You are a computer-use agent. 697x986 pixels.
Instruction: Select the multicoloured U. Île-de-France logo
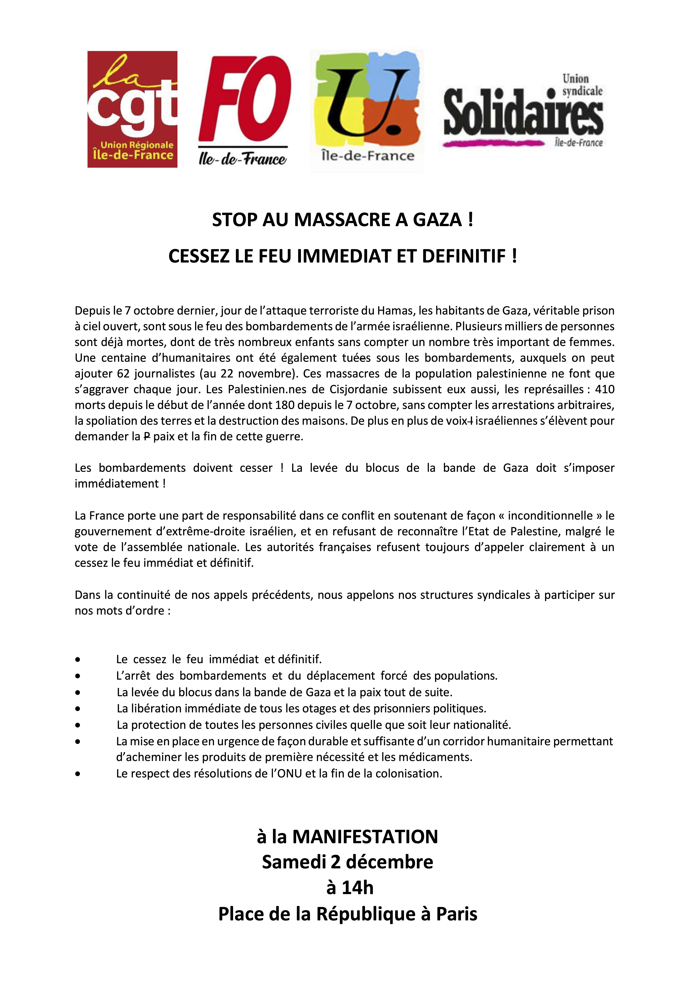pos(367,111)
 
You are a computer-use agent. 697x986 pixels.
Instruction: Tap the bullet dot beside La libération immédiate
pos(78,708)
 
